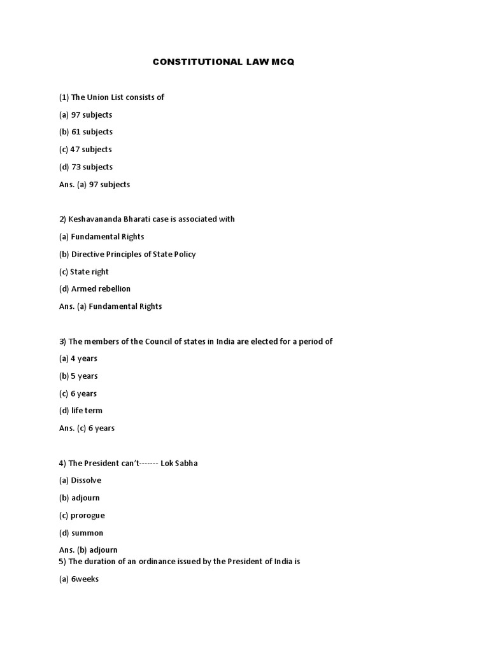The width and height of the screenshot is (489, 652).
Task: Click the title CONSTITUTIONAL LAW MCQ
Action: click(223, 62)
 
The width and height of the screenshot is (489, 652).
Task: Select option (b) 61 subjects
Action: click(86, 132)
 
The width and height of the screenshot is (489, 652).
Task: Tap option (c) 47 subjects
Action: click(85, 150)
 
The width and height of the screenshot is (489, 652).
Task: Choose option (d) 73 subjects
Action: click(86, 167)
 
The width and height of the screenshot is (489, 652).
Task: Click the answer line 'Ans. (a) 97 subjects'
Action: click(94, 185)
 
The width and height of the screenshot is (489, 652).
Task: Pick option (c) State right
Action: click(84, 272)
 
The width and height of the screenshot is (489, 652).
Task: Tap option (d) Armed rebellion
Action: click(95, 289)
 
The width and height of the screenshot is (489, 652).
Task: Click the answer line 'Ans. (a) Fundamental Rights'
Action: click(111, 306)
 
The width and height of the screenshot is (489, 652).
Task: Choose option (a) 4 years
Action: click(78, 358)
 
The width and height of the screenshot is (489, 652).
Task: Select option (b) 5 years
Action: click(78, 376)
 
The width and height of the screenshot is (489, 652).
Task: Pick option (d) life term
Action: click(81, 411)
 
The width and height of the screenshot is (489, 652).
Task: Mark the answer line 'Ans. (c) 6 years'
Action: click(87, 429)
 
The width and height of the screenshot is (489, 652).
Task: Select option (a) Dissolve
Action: click(80, 481)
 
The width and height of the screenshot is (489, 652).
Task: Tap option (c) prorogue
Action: click(82, 515)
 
